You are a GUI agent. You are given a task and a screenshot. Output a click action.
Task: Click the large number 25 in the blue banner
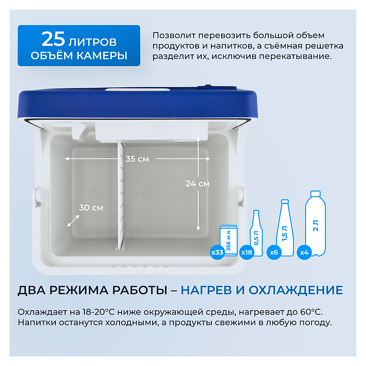point(53,39)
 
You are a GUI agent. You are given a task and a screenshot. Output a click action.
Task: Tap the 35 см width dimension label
point(137,159)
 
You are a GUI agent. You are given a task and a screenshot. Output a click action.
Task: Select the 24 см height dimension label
point(197,184)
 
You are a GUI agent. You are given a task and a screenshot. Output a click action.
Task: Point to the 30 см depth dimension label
point(91,207)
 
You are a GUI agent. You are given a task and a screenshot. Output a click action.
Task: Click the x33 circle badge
point(218,252)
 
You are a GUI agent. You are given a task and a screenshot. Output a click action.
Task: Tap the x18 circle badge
point(247,252)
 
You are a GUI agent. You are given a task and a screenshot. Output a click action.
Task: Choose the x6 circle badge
point(274,252)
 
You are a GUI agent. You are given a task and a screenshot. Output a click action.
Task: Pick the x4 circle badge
point(304,252)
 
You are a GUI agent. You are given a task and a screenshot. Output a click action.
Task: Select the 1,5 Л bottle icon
point(285,228)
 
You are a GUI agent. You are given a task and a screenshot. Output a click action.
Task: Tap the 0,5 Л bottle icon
point(256,233)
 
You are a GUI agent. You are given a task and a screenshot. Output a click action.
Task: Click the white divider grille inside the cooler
point(121,196)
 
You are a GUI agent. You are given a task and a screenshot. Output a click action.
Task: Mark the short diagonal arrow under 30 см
point(73,221)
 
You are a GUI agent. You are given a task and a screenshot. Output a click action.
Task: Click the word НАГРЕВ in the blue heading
point(206,290)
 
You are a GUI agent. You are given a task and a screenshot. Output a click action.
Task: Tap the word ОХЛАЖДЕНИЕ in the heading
point(296,291)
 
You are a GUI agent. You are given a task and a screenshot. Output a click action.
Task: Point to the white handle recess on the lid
point(138,90)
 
